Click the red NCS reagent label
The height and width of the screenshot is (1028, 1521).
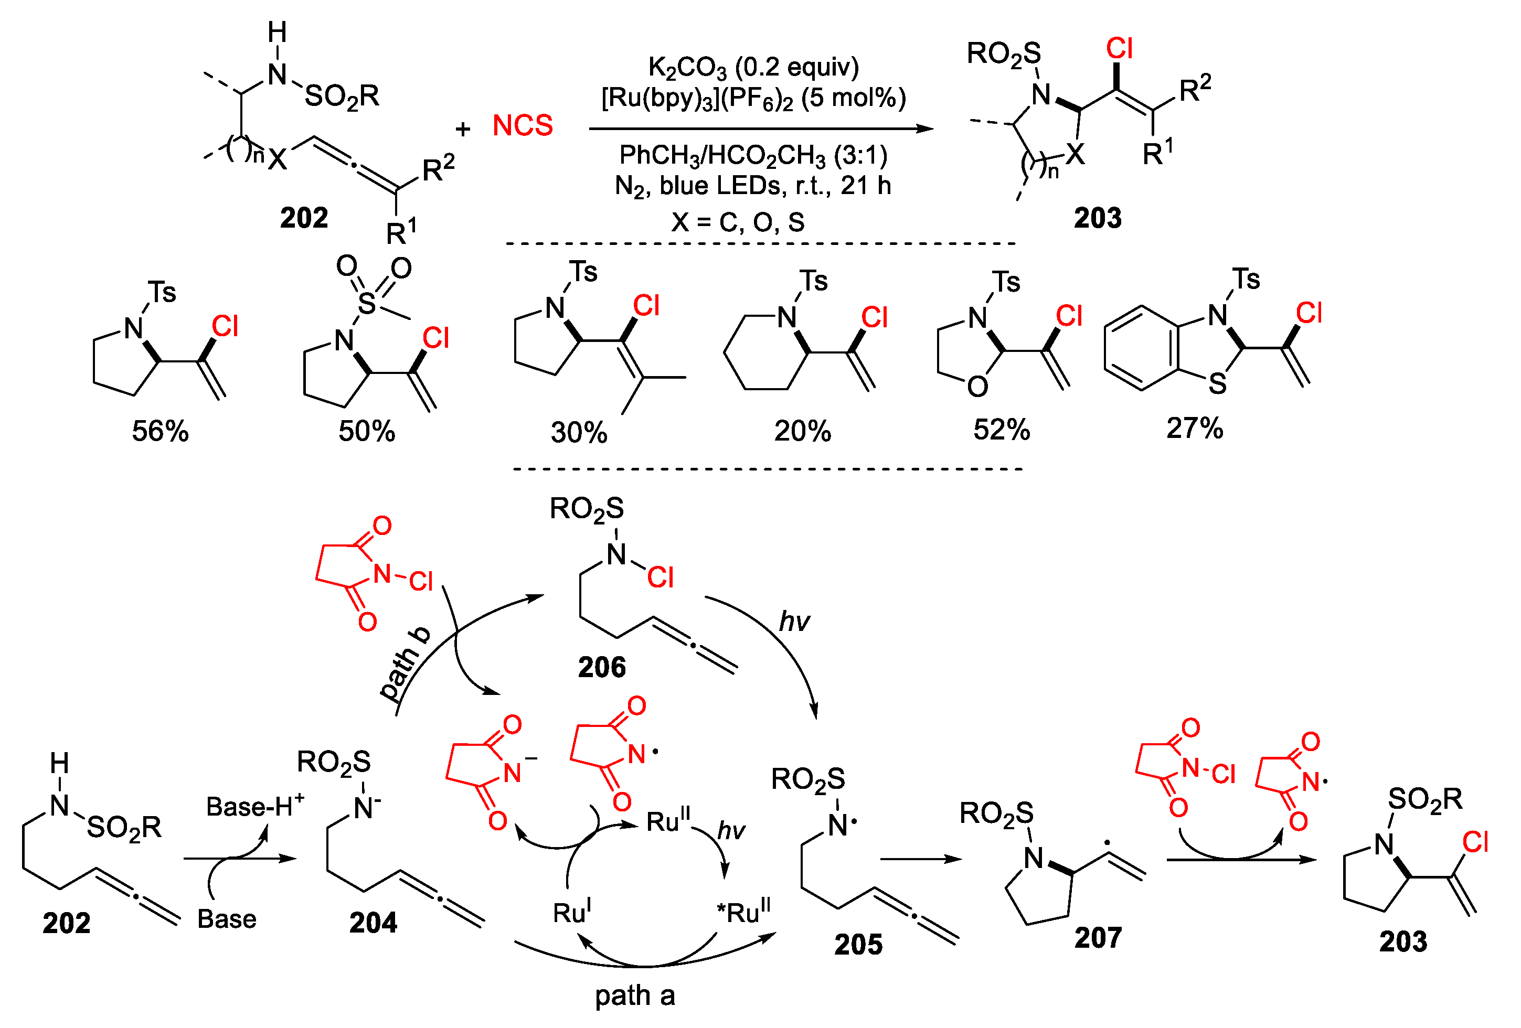pos(522,125)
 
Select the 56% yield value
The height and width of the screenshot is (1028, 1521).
pos(161,431)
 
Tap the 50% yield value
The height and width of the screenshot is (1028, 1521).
pos(367,431)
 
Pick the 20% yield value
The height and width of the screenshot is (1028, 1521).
pos(802,431)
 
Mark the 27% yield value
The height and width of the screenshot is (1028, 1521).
pos(1195,429)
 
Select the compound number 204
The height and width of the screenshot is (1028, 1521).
pos(373,923)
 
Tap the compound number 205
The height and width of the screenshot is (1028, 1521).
pos(858,944)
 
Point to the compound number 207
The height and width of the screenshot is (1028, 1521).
pos(1098,938)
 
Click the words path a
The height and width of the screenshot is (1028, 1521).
pos(634,996)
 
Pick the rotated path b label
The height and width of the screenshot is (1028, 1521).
pos(405,663)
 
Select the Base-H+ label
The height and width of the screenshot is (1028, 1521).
pos(255,806)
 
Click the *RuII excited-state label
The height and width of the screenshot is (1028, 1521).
pos(744,912)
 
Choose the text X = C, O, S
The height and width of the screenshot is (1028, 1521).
pos(738,222)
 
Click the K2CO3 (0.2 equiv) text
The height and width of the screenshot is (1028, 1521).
pos(753,67)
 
